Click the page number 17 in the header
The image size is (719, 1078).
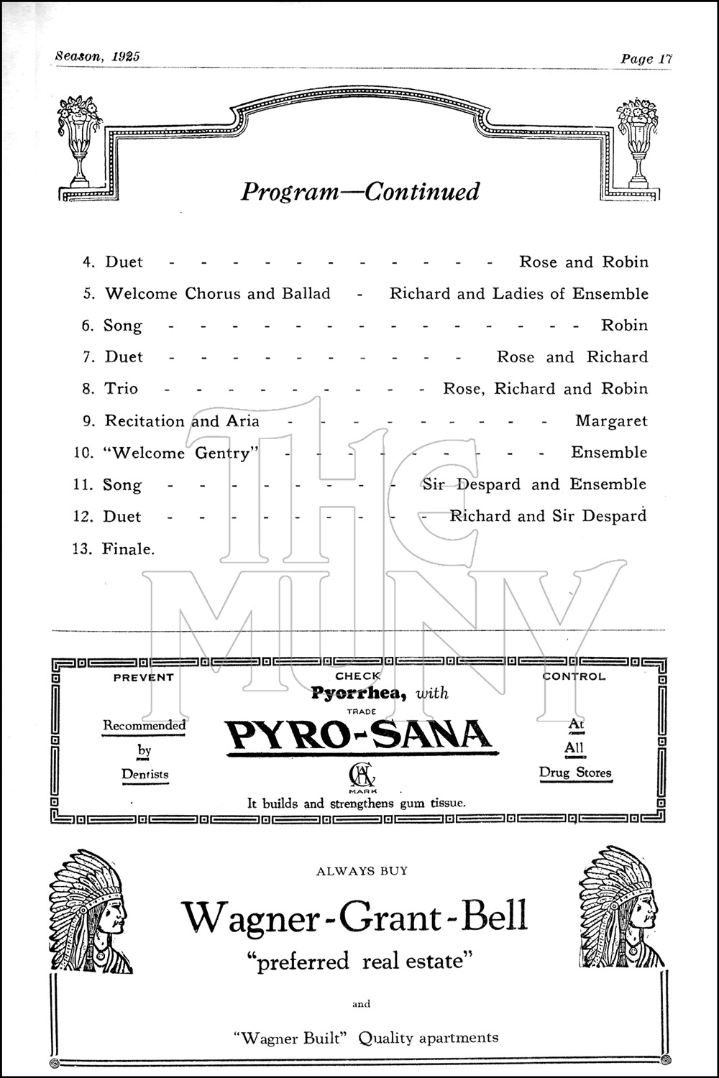click(664, 59)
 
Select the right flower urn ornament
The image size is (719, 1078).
click(636, 139)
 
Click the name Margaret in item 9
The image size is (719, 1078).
click(611, 421)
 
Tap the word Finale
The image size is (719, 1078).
click(128, 549)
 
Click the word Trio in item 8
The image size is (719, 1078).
click(122, 389)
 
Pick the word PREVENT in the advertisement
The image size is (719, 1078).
click(144, 677)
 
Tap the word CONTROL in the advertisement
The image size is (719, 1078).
click(574, 676)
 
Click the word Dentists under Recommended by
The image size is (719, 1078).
click(145, 774)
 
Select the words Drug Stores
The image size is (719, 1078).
click(575, 773)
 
